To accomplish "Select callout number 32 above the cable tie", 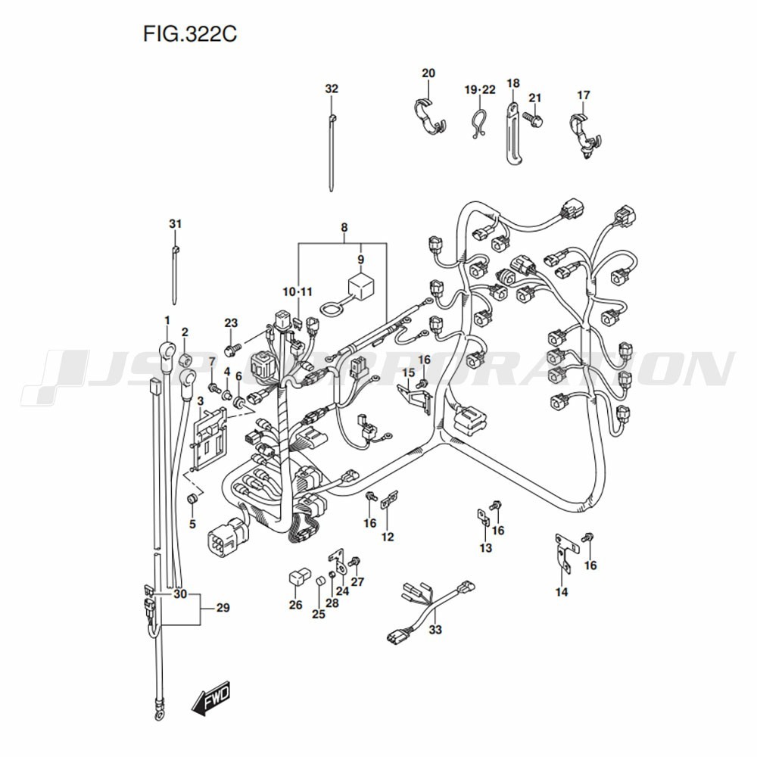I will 332,89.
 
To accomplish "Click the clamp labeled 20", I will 429,117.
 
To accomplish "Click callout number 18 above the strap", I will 512,83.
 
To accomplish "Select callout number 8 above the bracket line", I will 344,227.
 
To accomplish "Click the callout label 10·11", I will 298,291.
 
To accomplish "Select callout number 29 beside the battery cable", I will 222,607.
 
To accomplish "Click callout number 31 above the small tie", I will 175,224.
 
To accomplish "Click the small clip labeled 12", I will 390,500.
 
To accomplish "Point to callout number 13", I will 485,547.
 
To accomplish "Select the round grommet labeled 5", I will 192,499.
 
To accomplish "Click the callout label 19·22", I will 480,90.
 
